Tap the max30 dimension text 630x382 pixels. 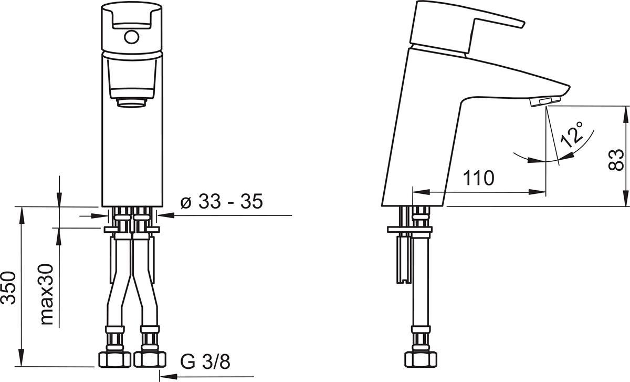pyautogui.click(x=47, y=294)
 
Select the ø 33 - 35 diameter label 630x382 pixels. pyautogui.click(x=222, y=202)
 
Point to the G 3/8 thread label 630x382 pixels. pyautogui.click(x=205, y=362)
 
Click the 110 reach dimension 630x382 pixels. pyautogui.click(x=478, y=178)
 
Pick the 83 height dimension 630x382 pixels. pyautogui.click(x=616, y=160)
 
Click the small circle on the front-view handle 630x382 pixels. pyautogui.click(x=131, y=37)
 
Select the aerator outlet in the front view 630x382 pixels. pyautogui.click(x=132, y=102)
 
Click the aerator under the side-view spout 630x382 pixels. pyautogui.click(x=545, y=101)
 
